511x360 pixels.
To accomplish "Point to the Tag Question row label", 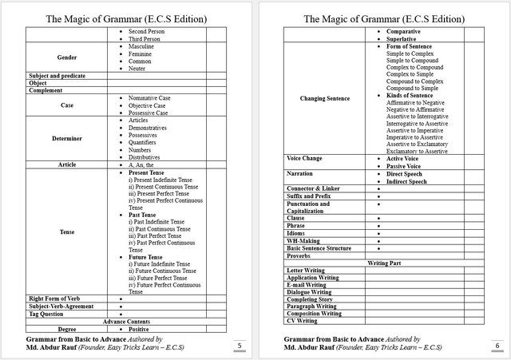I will click(x=47, y=314).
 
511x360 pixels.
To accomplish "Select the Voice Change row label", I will click(x=304, y=158).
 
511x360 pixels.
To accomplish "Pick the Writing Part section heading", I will click(x=384, y=263).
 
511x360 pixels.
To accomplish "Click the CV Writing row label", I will click(x=302, y=320).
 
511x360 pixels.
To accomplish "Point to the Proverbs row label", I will click(x=300, y=255).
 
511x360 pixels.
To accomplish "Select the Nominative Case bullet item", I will click(x=149, y=97).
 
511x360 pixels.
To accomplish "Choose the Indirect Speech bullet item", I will click(x=406, y=181).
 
